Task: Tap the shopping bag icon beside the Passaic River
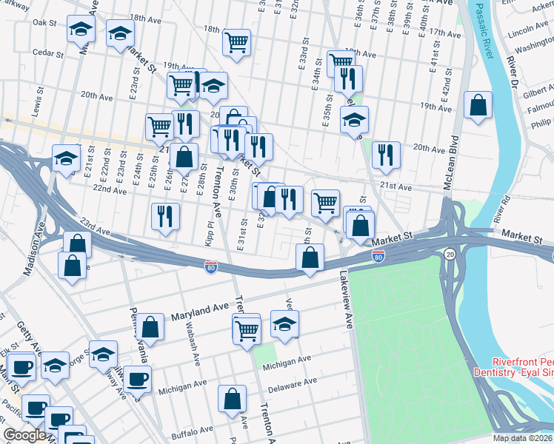point(478,106)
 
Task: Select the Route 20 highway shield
point(450,255)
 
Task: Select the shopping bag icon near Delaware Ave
point(232,399)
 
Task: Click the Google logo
point(24,435)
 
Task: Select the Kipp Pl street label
point(209,231)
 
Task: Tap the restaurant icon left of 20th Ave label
point(386,154)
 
